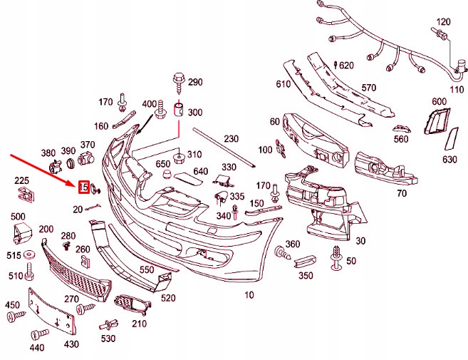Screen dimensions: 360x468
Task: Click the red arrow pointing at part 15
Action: [43, 169]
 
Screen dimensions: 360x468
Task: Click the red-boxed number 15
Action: [83, 187]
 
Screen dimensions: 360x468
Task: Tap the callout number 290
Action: [195, 83]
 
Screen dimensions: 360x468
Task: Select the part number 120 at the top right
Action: [443, 22]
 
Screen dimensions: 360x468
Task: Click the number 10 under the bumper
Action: [249, 294]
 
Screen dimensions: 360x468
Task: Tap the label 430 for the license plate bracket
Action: [72, 344]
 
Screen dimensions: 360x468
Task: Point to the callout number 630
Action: [449, 159]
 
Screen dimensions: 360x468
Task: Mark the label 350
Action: [306, 275]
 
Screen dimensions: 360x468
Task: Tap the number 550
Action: [147, 270]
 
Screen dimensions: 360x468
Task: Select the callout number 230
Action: [231, 139]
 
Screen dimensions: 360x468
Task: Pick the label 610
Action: [284, 85]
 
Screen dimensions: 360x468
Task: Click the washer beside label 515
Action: [30, 255]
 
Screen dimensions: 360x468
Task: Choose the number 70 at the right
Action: [402, 193]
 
